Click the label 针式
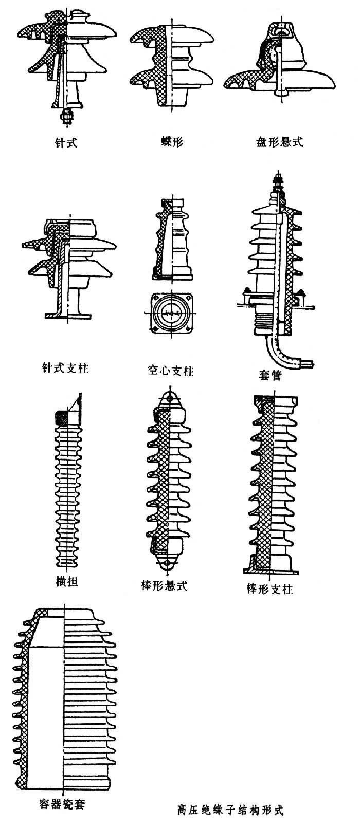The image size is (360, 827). coord(66,142)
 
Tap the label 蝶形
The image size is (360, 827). coord(172,141)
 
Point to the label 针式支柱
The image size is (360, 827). coord(65,368)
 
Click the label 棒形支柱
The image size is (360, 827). coord(270,589)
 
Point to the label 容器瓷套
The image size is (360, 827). coord(62,803)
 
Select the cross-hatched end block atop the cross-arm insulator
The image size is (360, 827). coord(62,417)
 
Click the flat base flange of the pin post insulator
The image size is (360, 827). coord(67,315)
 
